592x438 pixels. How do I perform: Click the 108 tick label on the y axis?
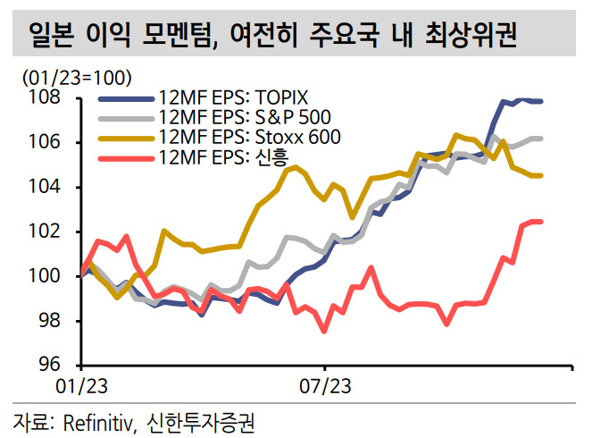(45, 97)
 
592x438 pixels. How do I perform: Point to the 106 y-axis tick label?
(45, 142)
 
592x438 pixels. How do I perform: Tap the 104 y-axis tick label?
(45, 187)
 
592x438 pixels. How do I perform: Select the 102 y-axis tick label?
(45, 232)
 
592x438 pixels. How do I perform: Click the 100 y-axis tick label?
(45, 276)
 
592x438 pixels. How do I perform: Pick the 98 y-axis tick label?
(49, 321)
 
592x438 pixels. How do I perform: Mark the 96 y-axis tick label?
(49, 365)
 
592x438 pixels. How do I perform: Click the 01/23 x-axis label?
(81, 386)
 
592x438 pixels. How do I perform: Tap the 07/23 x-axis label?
(325, 386)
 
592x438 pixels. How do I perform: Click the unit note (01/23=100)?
(78, 78)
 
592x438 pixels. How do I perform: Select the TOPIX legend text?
(281, 97)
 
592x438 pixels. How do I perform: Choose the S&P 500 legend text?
(293, 117)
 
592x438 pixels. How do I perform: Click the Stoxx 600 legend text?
(298, 137)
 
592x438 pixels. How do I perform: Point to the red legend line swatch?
(126, 158)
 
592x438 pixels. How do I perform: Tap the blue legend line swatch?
(126, 99)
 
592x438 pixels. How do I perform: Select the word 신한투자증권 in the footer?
(200, 423)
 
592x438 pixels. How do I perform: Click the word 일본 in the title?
(51, 34)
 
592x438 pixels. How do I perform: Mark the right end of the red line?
(541, 222)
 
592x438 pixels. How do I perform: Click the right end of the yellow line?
(541, 176)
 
